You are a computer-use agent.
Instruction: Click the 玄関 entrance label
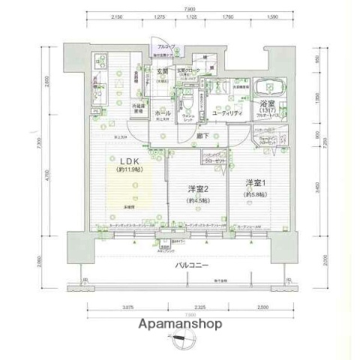pyautogui.click(x=161, y=72)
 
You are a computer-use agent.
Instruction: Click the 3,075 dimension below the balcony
pyautogui.click(x=129, y=308)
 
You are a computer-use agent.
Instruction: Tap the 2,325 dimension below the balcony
pyautogui.click(x=199, y=308)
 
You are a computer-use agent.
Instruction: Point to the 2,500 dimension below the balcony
pyautogui.click(x=259, y=308)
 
